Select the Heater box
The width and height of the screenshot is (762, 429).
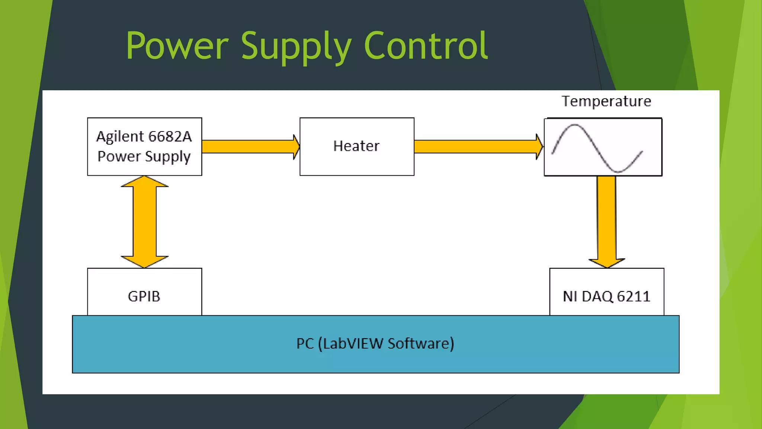tap(356, 146)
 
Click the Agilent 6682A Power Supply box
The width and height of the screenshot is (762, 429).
tap(144, 146)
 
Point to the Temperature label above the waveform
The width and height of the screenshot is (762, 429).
tap(606, 101)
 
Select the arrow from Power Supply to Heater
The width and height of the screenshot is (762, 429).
tap(249, 147)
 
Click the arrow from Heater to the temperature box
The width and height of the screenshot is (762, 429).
tap(476, 147)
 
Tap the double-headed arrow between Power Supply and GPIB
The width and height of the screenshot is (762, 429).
tap(144, 222)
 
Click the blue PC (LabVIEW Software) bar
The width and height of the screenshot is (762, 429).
tap(376, 357)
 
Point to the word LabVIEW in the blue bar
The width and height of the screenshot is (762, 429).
tap(353, 343)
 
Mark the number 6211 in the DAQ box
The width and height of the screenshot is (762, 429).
tap(633, 296)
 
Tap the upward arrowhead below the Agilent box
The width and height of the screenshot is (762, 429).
tap(144, 182)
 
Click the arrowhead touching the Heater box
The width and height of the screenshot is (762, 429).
tap(296, 147)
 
